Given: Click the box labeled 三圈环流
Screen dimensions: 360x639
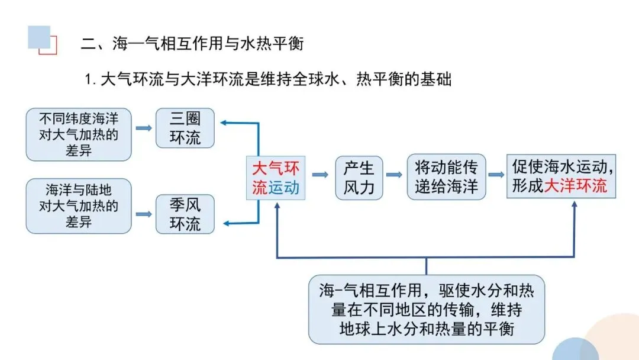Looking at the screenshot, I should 185,128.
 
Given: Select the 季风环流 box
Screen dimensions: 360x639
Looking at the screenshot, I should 185,214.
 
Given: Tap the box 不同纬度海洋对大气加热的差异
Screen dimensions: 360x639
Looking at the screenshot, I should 79,134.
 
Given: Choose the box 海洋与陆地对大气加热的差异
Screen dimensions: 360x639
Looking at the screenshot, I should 79,206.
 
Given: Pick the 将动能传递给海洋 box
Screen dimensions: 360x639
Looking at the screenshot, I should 446,177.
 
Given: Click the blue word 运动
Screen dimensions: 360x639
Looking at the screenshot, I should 284,188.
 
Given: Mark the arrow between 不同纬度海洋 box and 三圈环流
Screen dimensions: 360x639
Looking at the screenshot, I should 143,127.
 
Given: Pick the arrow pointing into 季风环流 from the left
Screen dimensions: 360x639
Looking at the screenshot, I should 143,214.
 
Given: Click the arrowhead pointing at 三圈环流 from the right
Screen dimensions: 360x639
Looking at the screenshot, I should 224,123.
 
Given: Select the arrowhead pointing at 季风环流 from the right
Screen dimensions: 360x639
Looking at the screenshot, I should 224,223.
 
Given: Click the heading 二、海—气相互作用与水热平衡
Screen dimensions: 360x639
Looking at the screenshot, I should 195,44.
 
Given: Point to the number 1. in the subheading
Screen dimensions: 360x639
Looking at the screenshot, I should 91,79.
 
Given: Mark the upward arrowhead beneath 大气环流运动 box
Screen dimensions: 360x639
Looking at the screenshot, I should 277,205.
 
